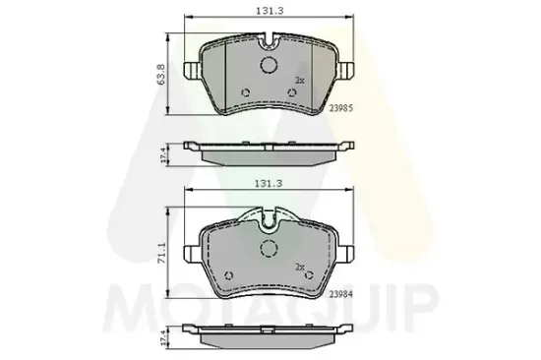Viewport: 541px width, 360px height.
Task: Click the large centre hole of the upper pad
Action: [x=270, y=66]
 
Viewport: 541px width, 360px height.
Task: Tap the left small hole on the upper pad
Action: [x=245, y=94]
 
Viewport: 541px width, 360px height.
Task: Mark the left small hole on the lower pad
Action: [x=228, y=275]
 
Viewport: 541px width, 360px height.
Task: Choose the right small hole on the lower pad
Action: [x=310, y=275]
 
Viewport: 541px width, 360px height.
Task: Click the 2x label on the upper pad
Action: [x=300, y=82]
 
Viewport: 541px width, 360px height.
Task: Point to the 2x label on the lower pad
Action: [x=299, y=267]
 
